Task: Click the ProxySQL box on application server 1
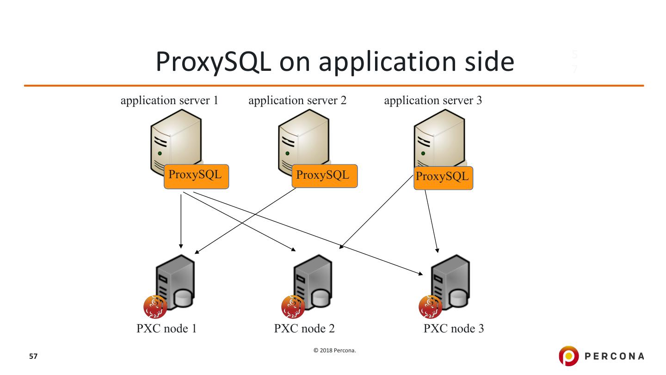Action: tap(196, 176)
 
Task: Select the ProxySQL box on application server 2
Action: tap(324, 176)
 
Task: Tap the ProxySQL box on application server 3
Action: tap(443, 178)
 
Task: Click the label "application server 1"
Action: tap(169, 100)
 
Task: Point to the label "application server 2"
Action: tap(297, 100)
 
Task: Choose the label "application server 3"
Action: tap(433, 100)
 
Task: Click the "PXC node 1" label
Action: tap(166, 329)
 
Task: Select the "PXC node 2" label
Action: tap(304, 329)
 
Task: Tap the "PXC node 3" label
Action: tap(454, 329)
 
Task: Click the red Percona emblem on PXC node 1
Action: tap(155, 307)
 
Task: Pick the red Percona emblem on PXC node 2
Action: tap(293, 307)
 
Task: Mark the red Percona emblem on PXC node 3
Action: tap(430, 307)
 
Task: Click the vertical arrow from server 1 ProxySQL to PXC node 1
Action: tap(181, 220)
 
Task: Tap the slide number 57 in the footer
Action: tap(33, 356)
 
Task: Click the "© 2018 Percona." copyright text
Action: tap(335, 350)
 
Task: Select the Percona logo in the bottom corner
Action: tap(601, 356)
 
